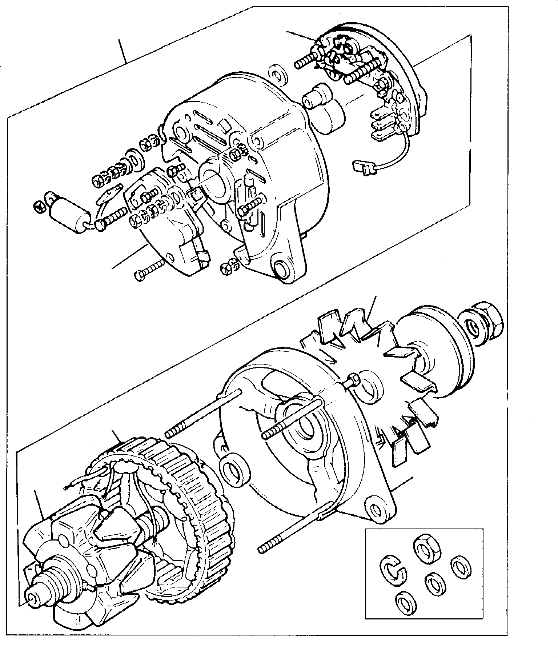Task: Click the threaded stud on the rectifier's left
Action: pos(304,61)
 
